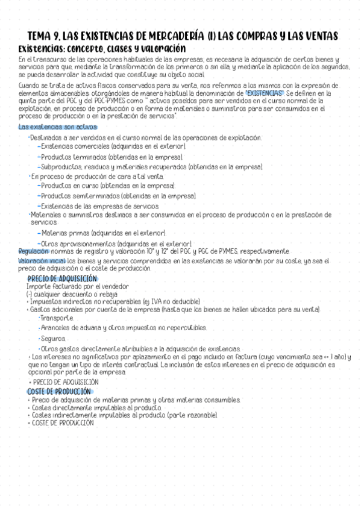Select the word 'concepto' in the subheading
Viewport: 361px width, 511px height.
click(x=98, y=48)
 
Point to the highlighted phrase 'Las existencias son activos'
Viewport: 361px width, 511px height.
click(x=57, y=127)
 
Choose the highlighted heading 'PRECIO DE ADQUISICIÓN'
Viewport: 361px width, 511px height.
click(x=63, y=278)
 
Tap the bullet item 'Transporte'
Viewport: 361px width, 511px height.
click(x=57, y=318)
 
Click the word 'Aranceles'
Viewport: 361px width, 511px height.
click(x=59, y=328)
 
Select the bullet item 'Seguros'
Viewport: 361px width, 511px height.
click(x=54, y=339)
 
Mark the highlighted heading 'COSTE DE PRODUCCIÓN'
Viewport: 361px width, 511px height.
click(x=61, y=391)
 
